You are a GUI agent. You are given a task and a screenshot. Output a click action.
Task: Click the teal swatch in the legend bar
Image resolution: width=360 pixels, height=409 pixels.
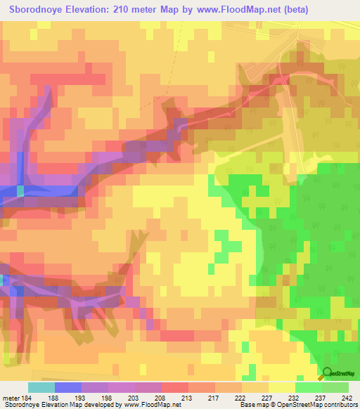[41, 387]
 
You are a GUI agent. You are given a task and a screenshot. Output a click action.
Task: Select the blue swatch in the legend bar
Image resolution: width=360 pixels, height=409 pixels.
[68, 387]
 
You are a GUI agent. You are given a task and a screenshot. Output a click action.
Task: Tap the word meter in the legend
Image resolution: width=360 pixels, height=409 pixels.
[11, 398]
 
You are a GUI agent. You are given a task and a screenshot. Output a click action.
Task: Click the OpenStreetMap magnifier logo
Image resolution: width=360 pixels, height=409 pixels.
[327, 374]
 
